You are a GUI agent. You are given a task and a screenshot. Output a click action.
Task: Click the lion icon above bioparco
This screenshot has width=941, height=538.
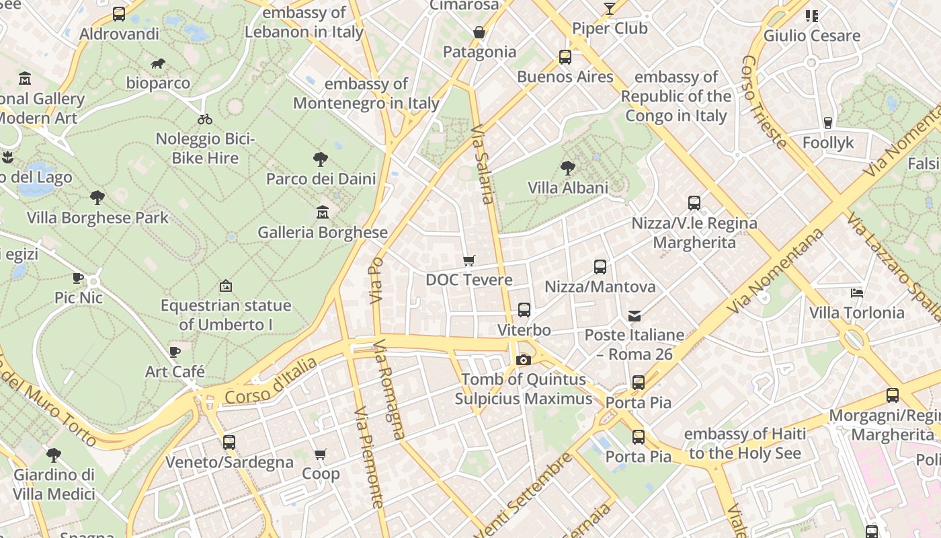pos(158,64)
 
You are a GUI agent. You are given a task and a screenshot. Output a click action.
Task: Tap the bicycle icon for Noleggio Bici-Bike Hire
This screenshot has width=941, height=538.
pos(205,119)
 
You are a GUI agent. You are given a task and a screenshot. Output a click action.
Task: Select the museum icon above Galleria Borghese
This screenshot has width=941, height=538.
pos(323,213)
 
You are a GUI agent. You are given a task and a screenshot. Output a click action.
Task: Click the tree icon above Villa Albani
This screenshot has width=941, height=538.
pos(568,167)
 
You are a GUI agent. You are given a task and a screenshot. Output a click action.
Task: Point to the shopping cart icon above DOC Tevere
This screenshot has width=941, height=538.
pos(469,260)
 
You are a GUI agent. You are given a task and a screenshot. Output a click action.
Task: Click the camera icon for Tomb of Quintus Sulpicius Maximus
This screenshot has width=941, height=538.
pos(523,360)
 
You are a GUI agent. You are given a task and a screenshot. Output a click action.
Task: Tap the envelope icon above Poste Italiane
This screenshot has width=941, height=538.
pos(635,315)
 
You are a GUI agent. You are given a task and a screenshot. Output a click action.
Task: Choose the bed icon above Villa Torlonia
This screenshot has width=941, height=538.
pos(857,293)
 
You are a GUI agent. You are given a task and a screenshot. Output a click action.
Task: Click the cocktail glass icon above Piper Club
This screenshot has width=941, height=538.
pos(610,9)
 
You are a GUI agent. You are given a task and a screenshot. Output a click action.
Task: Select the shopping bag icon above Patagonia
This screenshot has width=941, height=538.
pos(479,32)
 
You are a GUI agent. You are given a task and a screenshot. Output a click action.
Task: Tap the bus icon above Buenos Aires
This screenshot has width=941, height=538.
pos(565,57)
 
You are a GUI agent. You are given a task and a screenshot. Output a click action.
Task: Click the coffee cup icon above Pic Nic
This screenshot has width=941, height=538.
pos(78,278)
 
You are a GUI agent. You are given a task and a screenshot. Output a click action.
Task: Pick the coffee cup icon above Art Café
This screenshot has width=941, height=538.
pos(175,352)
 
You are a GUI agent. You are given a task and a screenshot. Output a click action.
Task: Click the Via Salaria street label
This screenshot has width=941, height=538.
pos(483,164)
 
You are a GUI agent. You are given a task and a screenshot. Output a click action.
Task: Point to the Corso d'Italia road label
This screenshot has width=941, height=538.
pos(271,381)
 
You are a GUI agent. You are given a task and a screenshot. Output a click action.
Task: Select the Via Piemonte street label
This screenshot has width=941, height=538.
pos(368,457)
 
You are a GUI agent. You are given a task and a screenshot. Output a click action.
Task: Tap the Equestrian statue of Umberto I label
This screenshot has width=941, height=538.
pos(226,315)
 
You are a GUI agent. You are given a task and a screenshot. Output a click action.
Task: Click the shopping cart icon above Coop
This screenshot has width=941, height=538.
pos(321,454)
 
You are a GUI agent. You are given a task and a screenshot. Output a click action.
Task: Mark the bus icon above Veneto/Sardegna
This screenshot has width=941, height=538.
pos(229,443)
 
